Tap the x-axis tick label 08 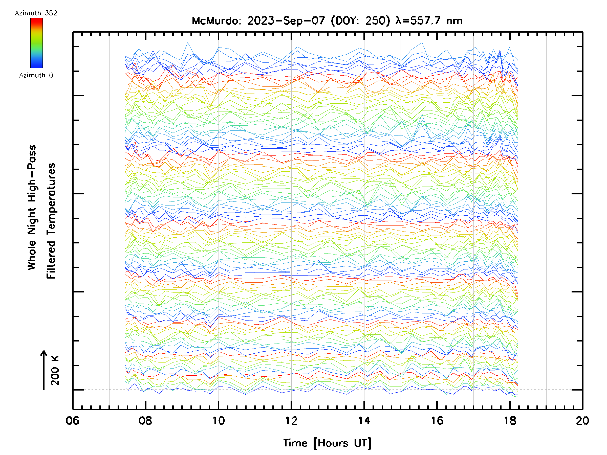click(x=145, y=420)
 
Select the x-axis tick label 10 click(x=219, y=420)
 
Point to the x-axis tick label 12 click(x=291, y=420)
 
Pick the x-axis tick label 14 click(x=364, y=420)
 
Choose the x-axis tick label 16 click(x=437, y=420)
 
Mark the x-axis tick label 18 click(x=510, y=420)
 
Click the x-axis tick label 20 click(x=582, y=420)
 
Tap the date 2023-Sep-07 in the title click(x=286, y=21)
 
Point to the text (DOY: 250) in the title click(x=360, y=21)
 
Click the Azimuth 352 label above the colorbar click(x=36, y=13)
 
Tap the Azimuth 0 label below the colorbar click(x=36, y=75)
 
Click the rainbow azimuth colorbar click(x=36, y=43)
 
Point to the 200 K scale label click(x=55, y=371)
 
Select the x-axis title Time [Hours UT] click(x=327, y=443)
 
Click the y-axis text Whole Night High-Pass click(x=32, y=208)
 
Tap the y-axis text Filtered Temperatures click(x=51, y=221)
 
